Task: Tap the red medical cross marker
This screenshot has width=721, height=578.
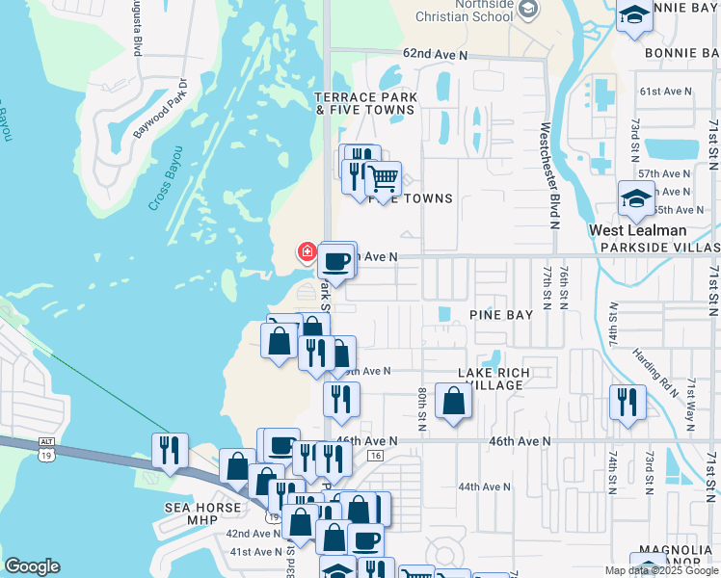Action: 307,252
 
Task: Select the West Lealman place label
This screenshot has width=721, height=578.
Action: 638,230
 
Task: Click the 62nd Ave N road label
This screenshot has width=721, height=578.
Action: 435,56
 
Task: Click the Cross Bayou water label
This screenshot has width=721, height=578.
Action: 166,178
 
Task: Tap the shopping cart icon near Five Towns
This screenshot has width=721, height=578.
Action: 383,179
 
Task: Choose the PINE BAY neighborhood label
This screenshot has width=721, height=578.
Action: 500,315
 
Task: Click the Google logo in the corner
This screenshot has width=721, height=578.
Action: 32,566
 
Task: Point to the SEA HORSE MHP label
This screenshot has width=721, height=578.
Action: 191,513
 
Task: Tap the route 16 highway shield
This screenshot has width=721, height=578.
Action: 376,455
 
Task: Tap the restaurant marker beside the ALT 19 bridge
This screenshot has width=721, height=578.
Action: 170,450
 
